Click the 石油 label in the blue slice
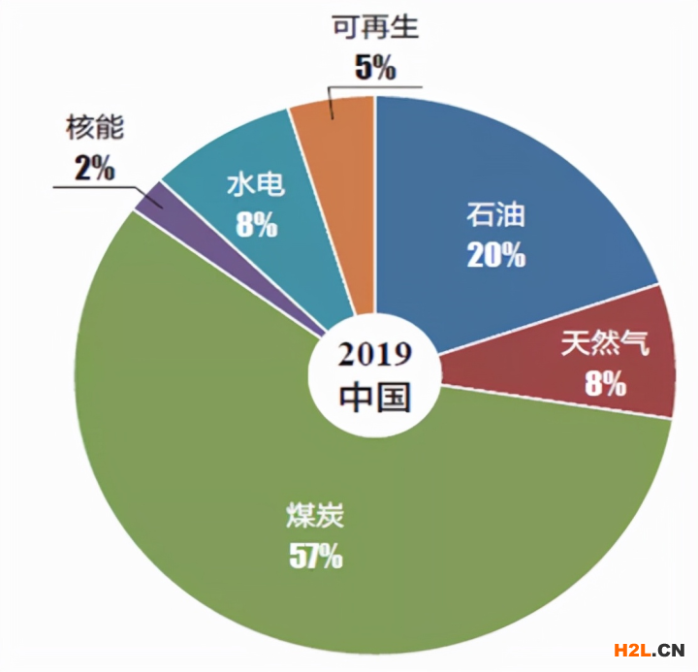(x=495, y=215)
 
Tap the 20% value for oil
(x=495, y=255)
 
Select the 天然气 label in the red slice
(x=604, y=344)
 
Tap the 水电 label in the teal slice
(x=256, y=184)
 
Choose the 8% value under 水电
(x=256, y=225)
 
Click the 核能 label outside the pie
(x=95, y=126)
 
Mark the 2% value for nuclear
(x=94, y=168)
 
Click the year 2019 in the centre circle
(x=374, y=355)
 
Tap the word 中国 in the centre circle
(x=374, y=396)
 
